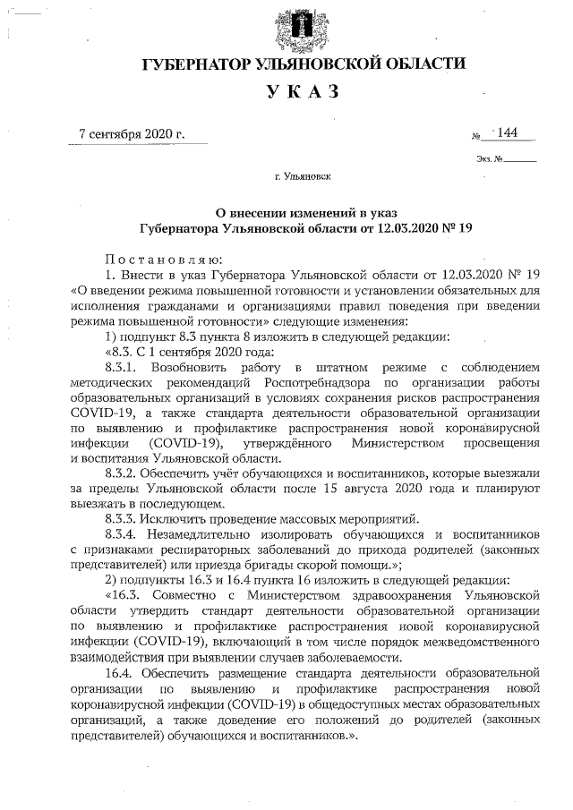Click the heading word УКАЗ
click(x=304, y=91)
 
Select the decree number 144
click(x=508, y=133)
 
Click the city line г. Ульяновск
click(x=304, y=176)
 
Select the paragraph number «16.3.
click(x=123, y=594)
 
